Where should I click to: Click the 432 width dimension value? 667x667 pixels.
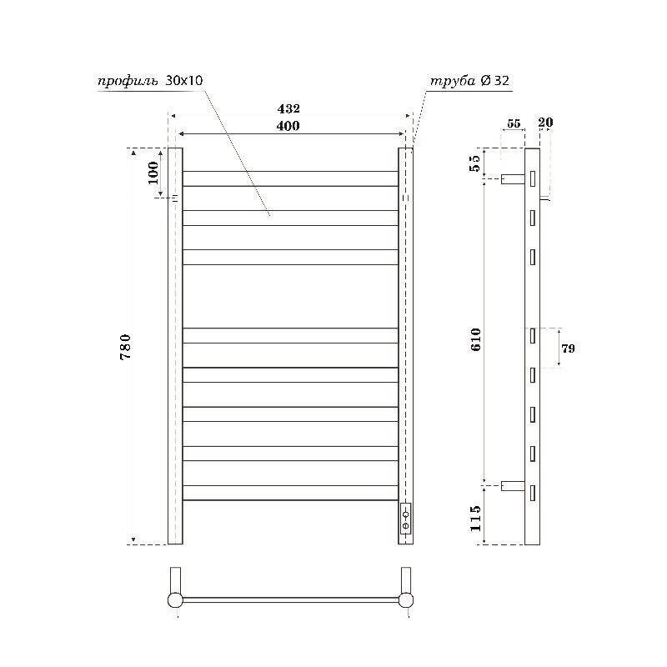click(x=288, y=109)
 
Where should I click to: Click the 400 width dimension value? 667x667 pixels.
click(x=288, y=126)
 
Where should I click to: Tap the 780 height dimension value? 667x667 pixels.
click(x=126, y=346)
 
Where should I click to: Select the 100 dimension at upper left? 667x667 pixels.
click(x=153, y=173)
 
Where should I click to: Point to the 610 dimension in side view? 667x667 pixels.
click(x=476, y=339)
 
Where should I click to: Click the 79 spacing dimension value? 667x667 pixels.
click(x=568, y=349)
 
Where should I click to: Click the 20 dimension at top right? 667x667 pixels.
click(x=546, y=123)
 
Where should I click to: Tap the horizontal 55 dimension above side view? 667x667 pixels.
click(x=513, y=123)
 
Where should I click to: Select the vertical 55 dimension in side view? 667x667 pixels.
click(x=476, y=163)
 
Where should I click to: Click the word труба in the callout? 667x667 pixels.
click(x=451, y=81)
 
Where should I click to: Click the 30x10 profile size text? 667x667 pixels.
click(x=185, y=81)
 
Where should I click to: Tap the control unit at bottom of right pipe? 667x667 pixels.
click(x=405, y=519)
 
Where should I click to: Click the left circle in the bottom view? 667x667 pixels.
click(x=175, y=599)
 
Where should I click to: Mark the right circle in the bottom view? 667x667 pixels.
click(x=406, y=599)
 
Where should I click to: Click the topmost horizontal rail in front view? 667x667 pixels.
click(x=290, y=178)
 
